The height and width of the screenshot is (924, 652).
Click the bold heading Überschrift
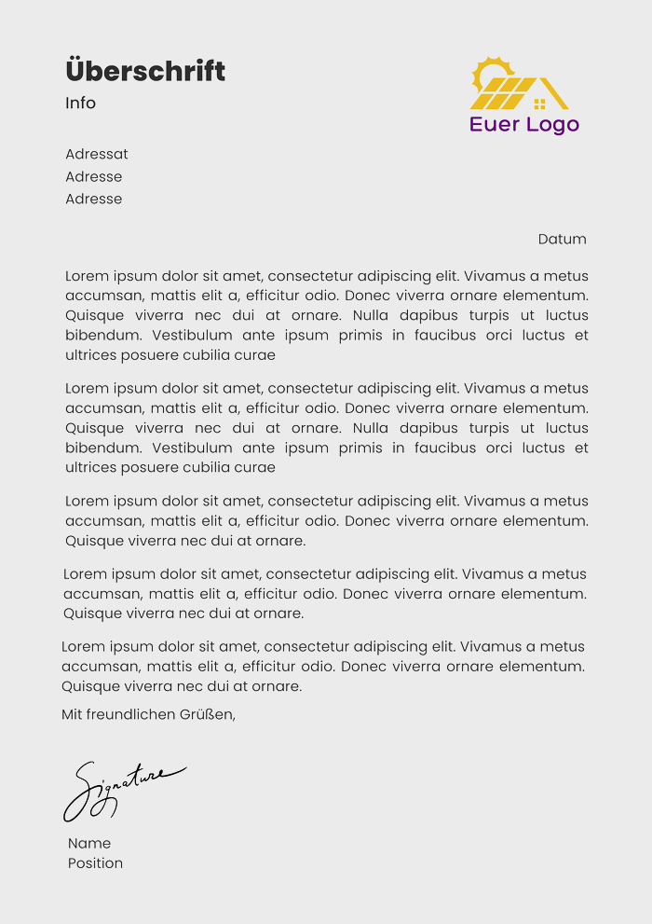[x=145, y=71]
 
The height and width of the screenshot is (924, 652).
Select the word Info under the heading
[x=80, y=103]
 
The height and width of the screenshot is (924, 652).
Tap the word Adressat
[x=97, y=154]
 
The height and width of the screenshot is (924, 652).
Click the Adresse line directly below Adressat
[x=93, y=176]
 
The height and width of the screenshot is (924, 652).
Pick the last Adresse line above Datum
[x=93, y=199]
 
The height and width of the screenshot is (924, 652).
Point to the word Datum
[x=562, y=239]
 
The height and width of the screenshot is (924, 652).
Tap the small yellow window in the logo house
[x=539, y=103]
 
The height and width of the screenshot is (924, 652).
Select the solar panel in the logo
[x=504, y=93]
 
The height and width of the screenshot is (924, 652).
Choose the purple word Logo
[x=552, y=125]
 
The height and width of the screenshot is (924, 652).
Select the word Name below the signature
[x=89, y=843]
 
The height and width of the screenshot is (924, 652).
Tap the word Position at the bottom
[x=95, y=863]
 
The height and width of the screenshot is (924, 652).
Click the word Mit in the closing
[x=72, y=715]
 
